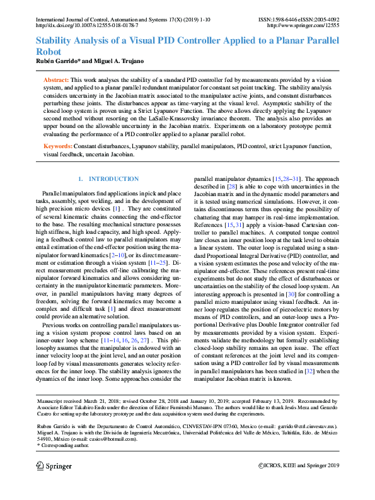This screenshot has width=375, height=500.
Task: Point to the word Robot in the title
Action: pos(48,52)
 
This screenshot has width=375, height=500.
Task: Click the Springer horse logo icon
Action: pos(40,466)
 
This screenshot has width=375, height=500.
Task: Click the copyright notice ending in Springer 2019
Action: pos(299,465)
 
